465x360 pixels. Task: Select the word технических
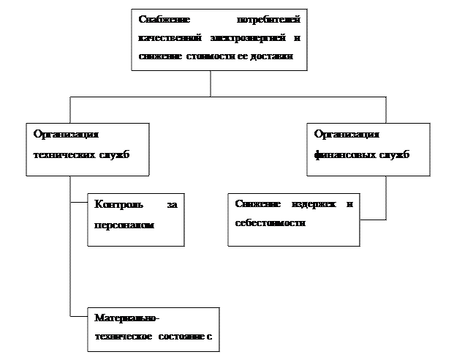point(64,155)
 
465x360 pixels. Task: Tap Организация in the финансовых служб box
point(347,135)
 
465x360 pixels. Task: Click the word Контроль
point(118,204)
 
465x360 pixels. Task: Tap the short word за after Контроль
point(173,204)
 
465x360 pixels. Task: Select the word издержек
point(308,204)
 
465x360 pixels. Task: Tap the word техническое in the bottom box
point(123,338)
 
